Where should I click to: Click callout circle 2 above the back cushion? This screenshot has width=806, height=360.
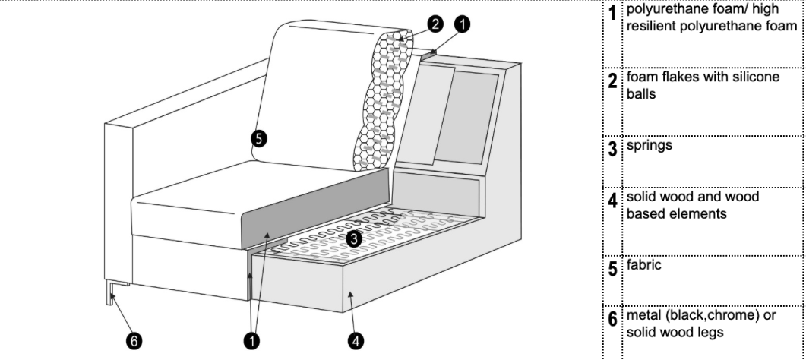pos(435,24)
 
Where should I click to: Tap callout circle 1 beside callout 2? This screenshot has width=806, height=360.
pos(463,24)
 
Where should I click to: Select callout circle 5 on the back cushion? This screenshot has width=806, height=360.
pos(259,139)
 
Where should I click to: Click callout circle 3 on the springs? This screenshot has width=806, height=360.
pos(354,238)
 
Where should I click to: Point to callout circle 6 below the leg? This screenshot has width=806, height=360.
pos(134,340)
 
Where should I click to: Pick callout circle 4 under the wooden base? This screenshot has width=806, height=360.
pos(356,340)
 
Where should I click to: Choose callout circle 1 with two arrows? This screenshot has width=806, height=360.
pos(251,340)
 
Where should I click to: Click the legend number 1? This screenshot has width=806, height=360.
pos(612,13)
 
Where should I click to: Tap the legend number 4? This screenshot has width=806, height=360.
pos(613,201)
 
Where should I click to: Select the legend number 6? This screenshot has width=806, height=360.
pos(613,319)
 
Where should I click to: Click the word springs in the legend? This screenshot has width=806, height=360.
pos(650,146)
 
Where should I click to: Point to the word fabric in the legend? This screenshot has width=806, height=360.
pos(643,265)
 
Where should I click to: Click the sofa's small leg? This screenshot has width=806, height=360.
pos(109,292)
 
